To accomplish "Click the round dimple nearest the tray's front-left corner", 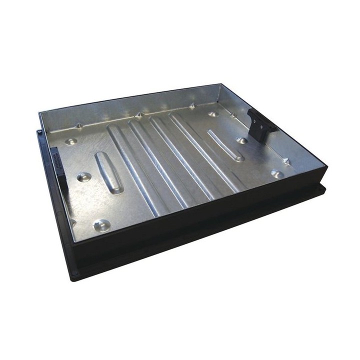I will click(x=102, y=226).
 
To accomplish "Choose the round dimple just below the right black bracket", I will click(x=241, y=140).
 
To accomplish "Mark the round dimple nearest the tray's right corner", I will click(x=277, y=173).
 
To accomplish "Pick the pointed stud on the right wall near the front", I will click(x=286, y=161).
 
